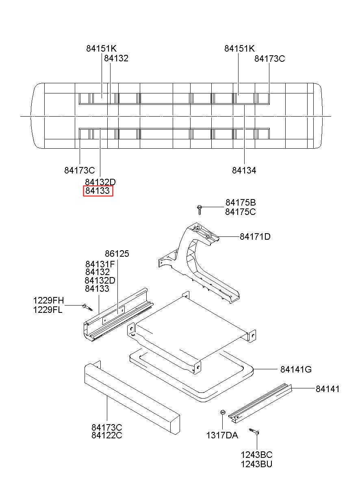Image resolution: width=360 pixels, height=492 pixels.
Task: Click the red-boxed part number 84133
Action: [x=98, y=191]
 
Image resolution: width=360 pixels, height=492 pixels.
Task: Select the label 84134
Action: [x=244, y=171]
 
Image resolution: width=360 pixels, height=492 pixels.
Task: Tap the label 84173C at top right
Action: [x=269, y=59]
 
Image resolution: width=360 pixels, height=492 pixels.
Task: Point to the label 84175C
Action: [x=241, y=212]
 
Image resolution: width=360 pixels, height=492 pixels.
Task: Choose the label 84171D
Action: [x=255, y=236]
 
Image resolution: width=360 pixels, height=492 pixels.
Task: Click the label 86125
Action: [x=117, y=254]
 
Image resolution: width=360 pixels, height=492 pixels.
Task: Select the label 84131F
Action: [x=100, y=264]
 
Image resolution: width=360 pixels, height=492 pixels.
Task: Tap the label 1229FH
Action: [x=48, y=301]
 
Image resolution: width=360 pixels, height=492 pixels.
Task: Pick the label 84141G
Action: [x=296, y=369]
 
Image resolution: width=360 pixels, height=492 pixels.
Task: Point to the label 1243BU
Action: [x=256, y=464]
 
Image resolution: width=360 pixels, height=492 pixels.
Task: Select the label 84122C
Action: [x=106, y=436]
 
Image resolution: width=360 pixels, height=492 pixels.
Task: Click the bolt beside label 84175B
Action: [x=200, y=210]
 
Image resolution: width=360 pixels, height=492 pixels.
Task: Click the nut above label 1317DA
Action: [x=222, y=413]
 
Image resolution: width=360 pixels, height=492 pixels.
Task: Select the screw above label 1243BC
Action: [x=255, y=432]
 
